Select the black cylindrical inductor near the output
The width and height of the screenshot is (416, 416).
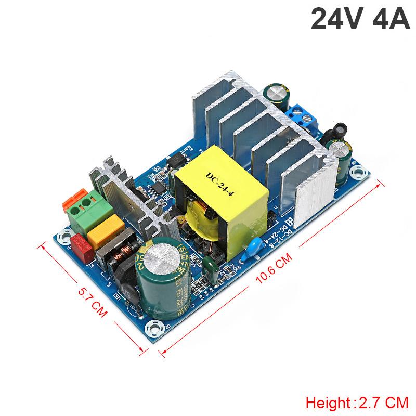coord(330,129)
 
